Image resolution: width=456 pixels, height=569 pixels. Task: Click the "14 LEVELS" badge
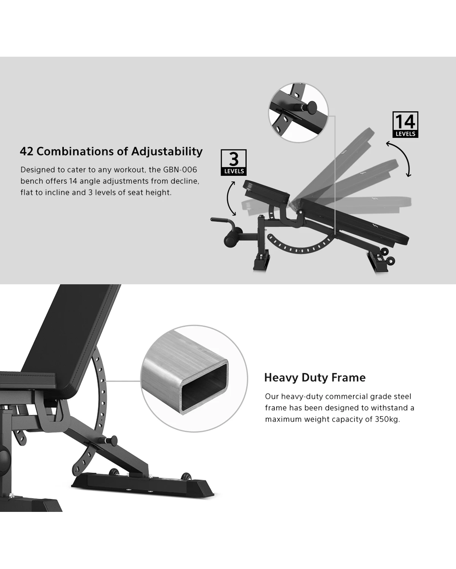tap(405, 125)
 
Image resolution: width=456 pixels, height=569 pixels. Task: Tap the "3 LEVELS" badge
tap(233, 162)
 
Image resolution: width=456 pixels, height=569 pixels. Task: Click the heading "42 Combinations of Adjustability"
tap(111, 151)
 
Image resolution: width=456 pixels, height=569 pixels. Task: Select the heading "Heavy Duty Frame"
tap(315, 377)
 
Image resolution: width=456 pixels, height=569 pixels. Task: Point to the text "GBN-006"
tap(180, 170)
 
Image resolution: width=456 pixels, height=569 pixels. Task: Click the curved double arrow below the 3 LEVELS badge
tap(230, 198)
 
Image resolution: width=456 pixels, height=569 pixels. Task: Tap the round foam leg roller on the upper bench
tap(230, 240)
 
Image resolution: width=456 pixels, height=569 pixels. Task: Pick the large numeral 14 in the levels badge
tap(405, 122)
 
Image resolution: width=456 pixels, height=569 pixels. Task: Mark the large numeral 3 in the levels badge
tap(233, 159)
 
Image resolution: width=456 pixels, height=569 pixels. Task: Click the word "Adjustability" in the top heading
tap(167, 152)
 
